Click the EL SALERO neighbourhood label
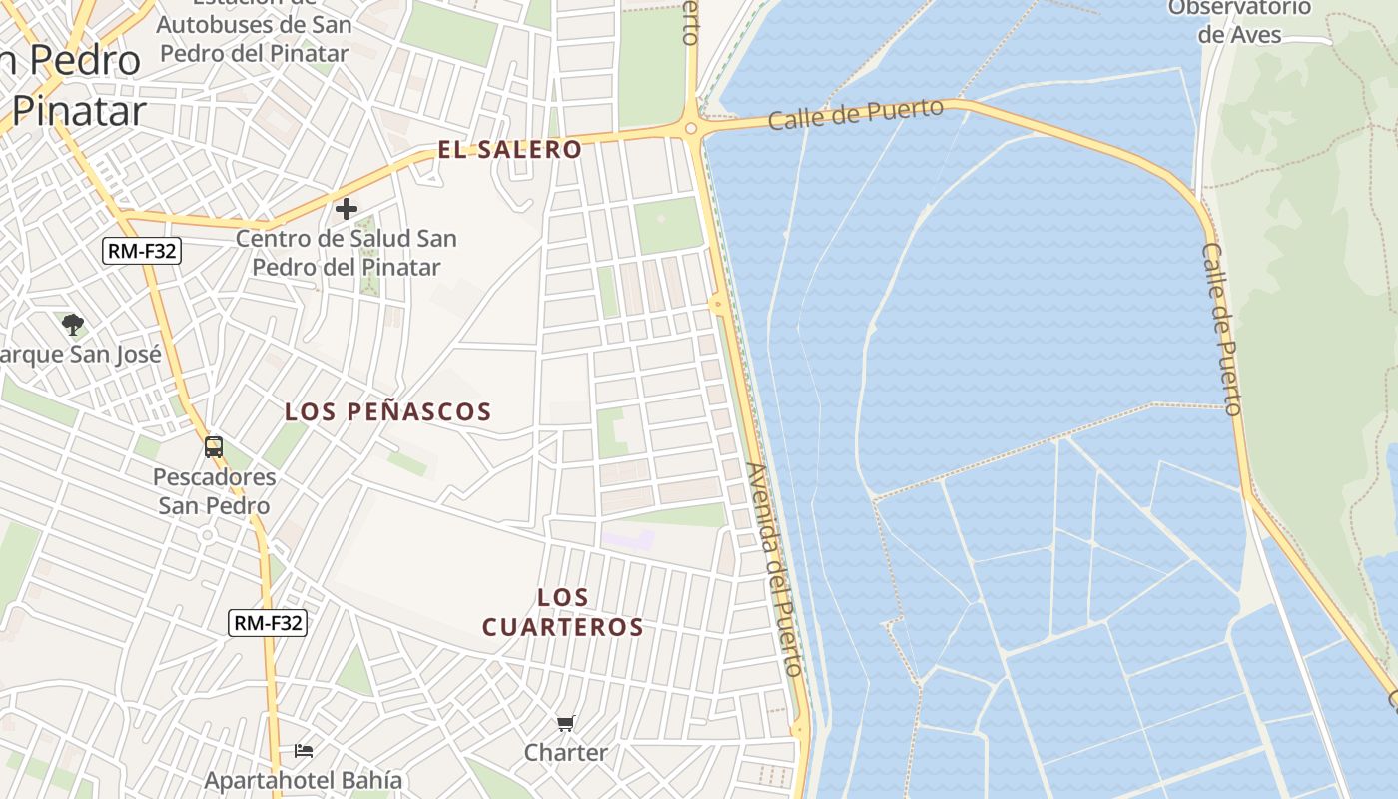point(509,150)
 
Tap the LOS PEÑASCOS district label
point(388,411)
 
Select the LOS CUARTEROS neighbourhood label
point(563,612)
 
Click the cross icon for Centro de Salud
point(347,209)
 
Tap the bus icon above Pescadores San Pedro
point(214,446)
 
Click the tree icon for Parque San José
point(72,324)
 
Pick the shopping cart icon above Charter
point(566,723)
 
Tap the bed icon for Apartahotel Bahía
point(304,750)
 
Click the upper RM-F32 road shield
point(142,251)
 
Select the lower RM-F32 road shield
point(268,623)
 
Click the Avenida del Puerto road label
point(775,569)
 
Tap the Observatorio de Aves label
point(1239,21)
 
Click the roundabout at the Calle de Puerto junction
point(691,128)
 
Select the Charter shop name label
point(566,752)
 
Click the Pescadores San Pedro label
point(214,491)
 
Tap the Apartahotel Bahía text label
point(304,780)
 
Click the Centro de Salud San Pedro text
point(347,253)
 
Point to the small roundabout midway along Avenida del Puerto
point(717,304)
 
